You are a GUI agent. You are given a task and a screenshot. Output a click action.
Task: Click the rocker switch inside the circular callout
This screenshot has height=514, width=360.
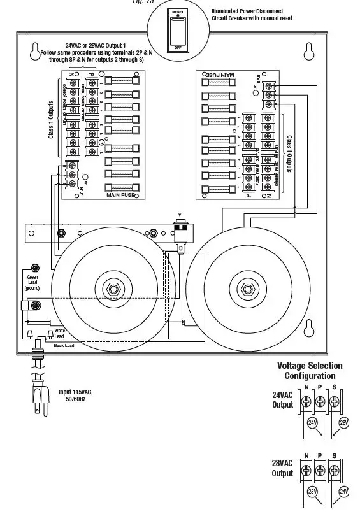click(x=178, y=30)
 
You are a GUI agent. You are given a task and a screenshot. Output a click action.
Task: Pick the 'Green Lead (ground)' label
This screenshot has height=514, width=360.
click(x=32, y=282)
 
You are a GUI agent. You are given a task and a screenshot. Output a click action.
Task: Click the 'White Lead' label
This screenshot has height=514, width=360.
click(x=59, y=334)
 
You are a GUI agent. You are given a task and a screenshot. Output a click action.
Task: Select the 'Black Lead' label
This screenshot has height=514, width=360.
click(x=64, y=345)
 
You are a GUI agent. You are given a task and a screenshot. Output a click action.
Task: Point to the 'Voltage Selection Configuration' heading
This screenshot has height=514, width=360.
click(x=310, y=371)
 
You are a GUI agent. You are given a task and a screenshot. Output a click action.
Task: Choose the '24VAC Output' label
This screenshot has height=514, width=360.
click(x=282, y=399)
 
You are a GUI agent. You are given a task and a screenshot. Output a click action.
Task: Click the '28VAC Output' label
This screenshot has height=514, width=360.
click(x=282, y=468)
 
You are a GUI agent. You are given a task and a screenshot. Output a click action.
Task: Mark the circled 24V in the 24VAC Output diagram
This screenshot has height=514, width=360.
click(x=312, y=422)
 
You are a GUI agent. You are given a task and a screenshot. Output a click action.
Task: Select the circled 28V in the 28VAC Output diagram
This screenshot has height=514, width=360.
click(x=312, y=491)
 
